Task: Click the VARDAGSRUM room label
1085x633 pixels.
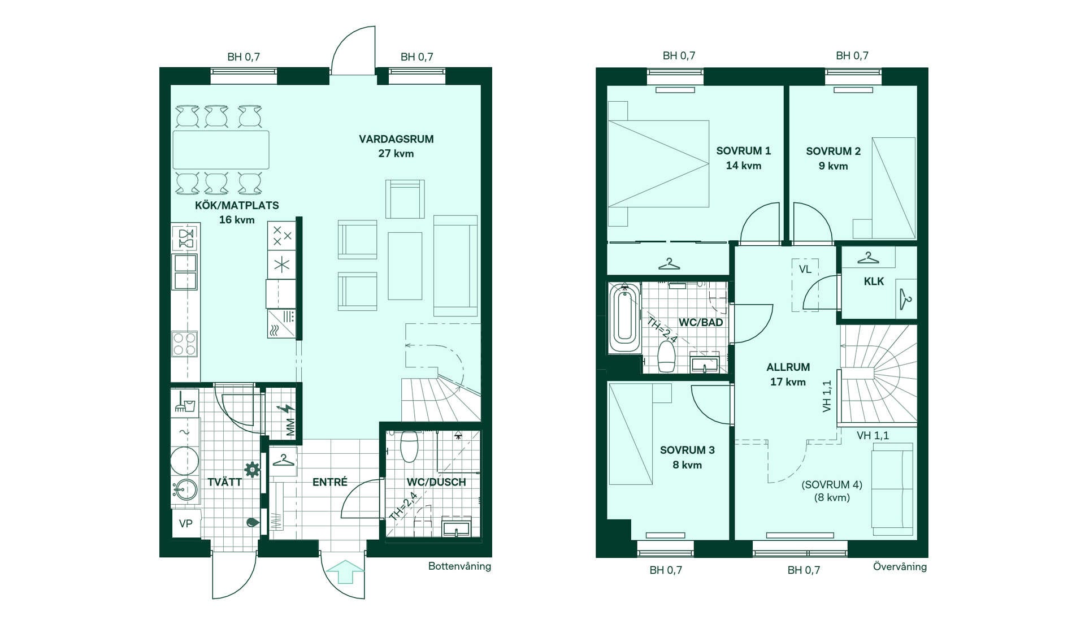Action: [396, 139]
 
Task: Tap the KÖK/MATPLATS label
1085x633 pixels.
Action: [237, 205]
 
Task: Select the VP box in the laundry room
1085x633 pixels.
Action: [186, 524]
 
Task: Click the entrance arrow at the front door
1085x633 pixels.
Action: [345, 571]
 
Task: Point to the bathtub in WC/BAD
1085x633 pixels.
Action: [624, 318]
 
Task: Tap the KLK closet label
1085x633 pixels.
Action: [874, 281]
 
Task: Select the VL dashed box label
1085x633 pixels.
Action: [805, 269]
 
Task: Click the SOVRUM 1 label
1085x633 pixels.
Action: [743, 151]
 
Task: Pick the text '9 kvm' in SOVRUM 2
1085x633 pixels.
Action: [833, 166]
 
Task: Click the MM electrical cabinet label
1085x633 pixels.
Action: [290, 427]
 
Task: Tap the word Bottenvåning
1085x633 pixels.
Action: [459, 566]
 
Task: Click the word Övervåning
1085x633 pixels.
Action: [900, 566]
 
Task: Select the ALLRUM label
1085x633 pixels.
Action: [788, 367]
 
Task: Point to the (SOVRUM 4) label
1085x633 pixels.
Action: [832, 485]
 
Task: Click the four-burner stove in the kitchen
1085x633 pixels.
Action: [185, 344]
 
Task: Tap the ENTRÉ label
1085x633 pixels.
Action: [330, 482]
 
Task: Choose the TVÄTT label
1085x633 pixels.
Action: [224, 482]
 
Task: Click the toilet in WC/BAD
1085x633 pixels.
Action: [667, 355]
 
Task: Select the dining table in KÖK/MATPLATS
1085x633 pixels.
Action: [221, 150]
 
